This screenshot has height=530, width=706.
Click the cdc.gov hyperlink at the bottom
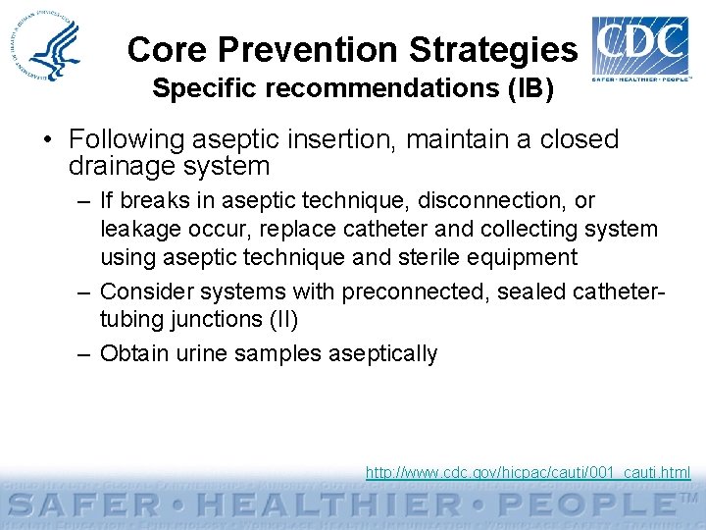click(x=528, y=473)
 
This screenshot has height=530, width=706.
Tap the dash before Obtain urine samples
click(x=85, y=353)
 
